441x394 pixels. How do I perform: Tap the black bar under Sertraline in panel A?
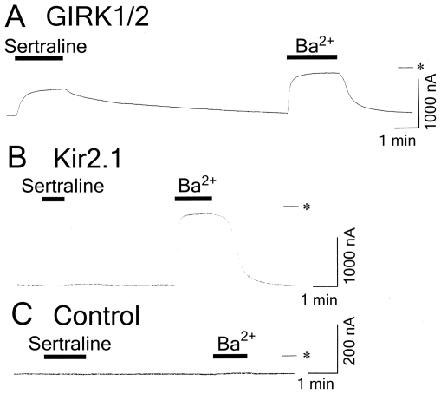39,58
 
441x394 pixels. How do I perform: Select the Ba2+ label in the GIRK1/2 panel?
315,45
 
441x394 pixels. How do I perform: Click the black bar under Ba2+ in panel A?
312,56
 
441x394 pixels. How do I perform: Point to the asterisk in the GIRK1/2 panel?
420,67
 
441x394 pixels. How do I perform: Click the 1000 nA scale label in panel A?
431,101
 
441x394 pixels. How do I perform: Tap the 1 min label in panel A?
398,141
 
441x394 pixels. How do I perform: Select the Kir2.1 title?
88,159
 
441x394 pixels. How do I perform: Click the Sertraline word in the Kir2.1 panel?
62,186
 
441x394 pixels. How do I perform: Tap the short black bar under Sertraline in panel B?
54,199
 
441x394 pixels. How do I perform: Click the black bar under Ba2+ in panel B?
193,199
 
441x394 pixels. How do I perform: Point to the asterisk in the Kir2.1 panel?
307,207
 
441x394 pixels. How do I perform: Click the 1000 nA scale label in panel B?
350,255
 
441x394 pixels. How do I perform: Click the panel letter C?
22,315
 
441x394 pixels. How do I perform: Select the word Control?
97,316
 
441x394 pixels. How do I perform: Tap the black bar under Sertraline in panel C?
65,357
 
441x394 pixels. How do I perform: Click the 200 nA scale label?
350,341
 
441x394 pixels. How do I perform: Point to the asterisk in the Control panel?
307,355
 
